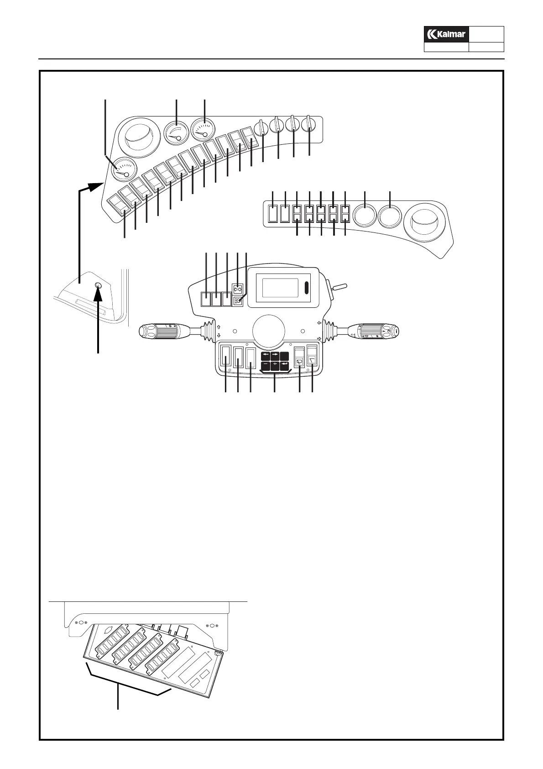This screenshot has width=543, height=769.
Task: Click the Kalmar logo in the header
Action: (x=446, y=34)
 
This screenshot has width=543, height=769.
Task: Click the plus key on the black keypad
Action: (x=275, y=365)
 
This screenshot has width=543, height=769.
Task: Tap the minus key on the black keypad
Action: (x=265, y=365)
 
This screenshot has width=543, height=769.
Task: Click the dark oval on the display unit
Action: (x=306, y=289)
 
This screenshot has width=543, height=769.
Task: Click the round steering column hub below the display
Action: (x=269, y=330)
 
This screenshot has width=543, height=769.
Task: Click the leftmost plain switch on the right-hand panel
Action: (x=273, y=213)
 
